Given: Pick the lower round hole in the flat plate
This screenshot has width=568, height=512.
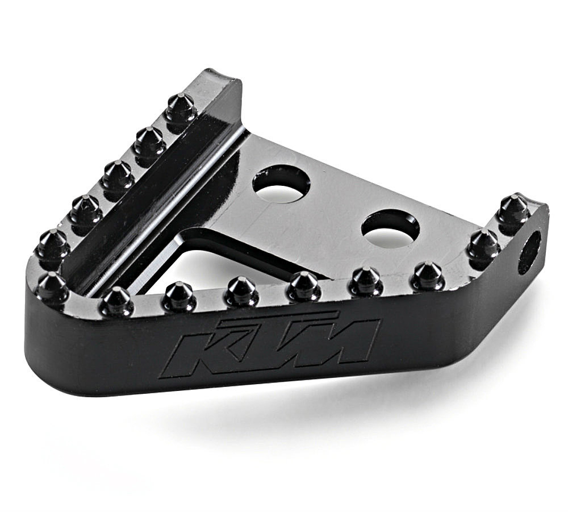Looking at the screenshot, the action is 391,228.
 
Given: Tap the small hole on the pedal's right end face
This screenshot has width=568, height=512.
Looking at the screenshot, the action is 529,252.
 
